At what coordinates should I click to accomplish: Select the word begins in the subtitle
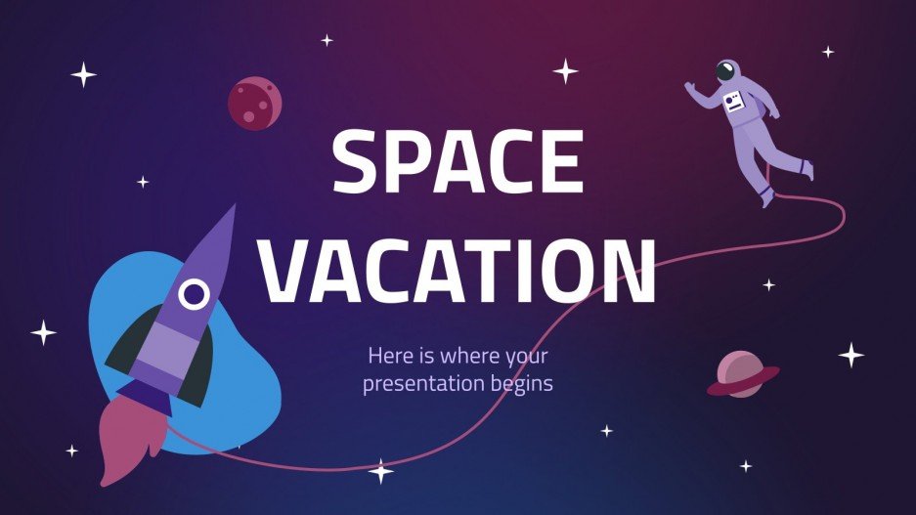point(523,383)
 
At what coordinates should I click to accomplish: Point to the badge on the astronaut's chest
point(733,101)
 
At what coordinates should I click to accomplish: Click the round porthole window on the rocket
point(196,292)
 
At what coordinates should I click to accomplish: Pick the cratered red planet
point(254,103)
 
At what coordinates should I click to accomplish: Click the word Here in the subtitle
point(387,356)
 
